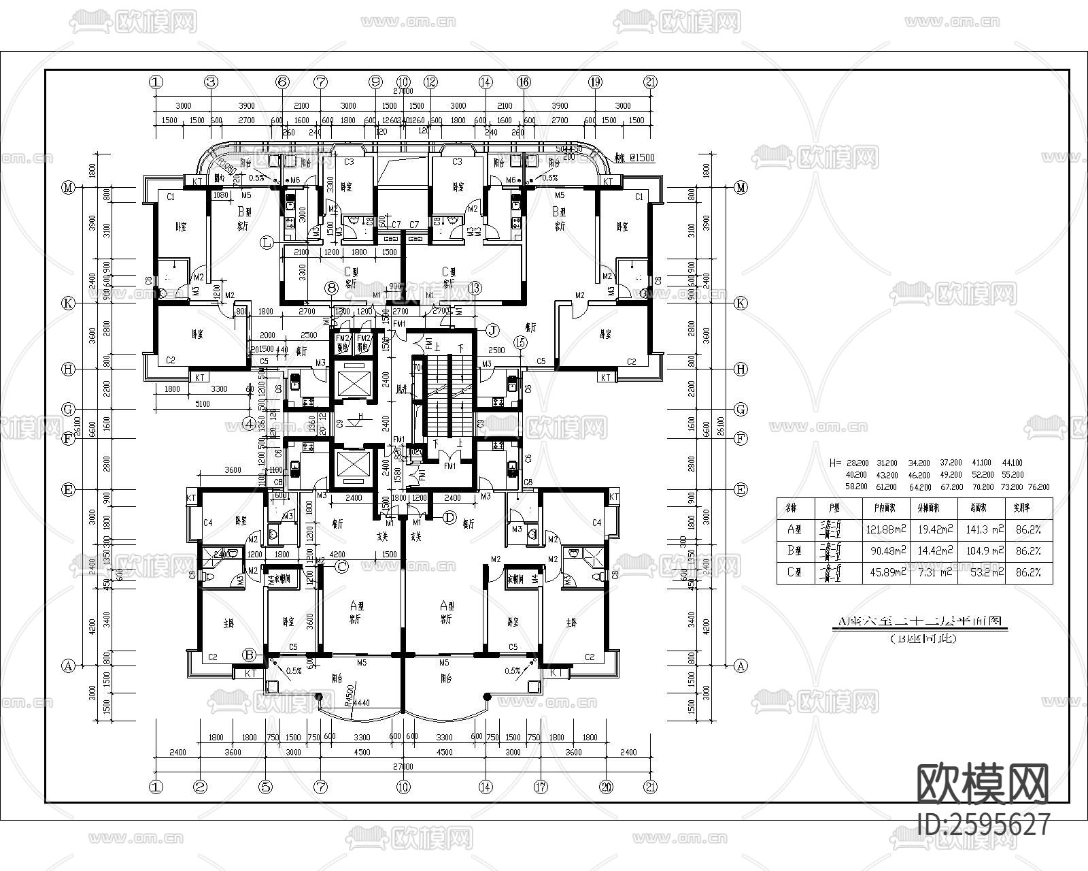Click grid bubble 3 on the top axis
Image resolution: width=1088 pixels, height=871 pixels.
coord(211,82)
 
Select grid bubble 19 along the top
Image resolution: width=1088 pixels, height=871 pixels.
coord(595,82)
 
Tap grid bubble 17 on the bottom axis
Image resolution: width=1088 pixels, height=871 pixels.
coord(540,787)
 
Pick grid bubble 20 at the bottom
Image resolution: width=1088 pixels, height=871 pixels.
coord(607,787)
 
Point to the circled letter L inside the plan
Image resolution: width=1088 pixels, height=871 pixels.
coord(268,242)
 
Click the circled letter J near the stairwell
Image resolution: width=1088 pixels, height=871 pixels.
coord(492,330)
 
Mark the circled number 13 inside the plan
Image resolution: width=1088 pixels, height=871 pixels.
coord(475,288)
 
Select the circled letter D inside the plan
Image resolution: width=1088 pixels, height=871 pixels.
coord(449,517)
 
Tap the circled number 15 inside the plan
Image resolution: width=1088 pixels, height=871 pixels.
coord(521,343)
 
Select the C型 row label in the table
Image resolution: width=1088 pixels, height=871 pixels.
coord(794,572)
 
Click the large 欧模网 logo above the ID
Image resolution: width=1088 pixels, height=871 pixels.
coord(984,783)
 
